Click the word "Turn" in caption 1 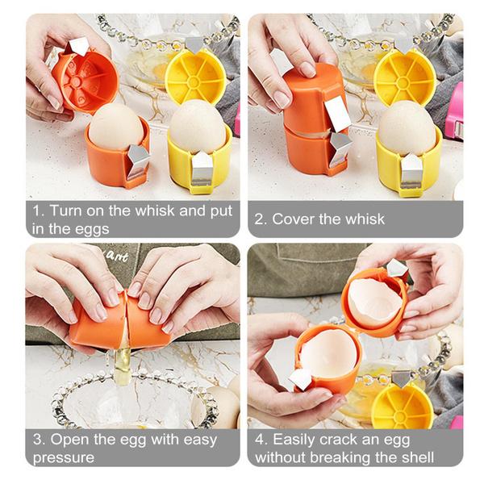66,211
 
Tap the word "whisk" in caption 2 364,219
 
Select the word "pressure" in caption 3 62,457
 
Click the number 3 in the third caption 37,440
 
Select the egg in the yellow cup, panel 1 198,125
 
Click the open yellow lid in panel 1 194,77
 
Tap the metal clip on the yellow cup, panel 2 411,170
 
